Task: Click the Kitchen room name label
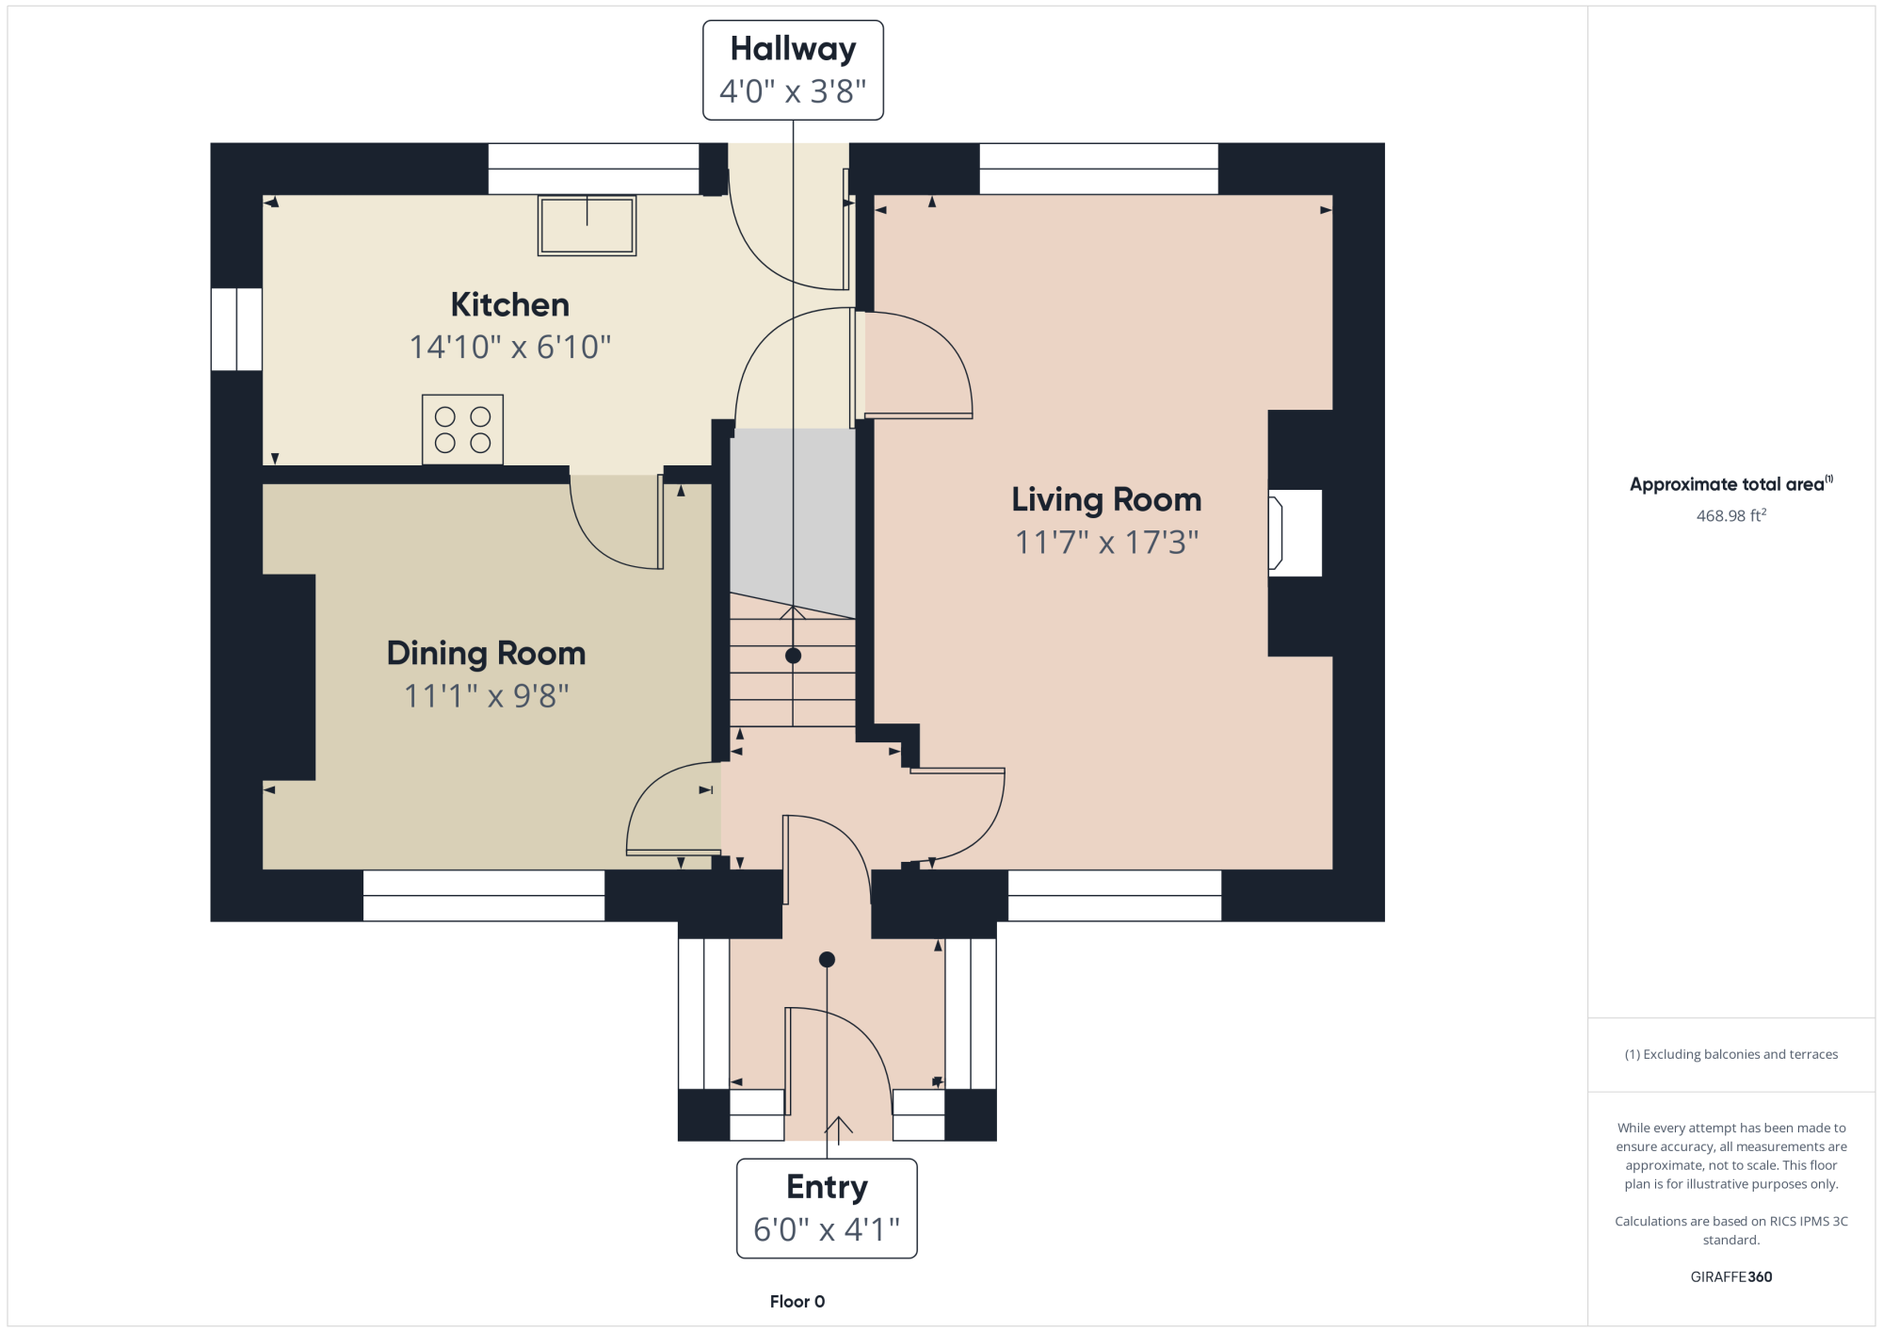click(509, 304)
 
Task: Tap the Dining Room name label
click(486, 653)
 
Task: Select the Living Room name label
click(1106, 499)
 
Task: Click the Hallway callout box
click(793, 71)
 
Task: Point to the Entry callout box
click(827, 1209)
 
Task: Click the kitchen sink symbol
click(587, 225)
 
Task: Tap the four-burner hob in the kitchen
click(462, 430)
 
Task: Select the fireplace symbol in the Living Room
click(1295, 532)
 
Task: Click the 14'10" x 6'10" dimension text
click(509, 347)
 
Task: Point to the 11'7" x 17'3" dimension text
click(1106, 542)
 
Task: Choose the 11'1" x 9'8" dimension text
click(486, 695)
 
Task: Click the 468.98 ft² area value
click(1731, 515)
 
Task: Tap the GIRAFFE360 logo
click(1731, 1276)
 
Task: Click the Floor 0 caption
click(797, 1301)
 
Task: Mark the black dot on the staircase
click(794, 656)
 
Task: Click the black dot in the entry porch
click(827, 960)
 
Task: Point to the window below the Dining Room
click(484, 896)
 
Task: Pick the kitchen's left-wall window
click(236, 330)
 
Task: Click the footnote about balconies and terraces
click(1731, 1054)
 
